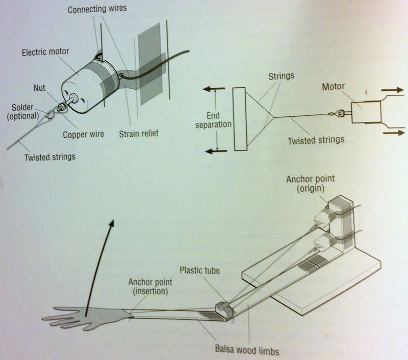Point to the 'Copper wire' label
[84, 135]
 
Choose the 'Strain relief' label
[138, 134]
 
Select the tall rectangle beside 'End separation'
[239, 119]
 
